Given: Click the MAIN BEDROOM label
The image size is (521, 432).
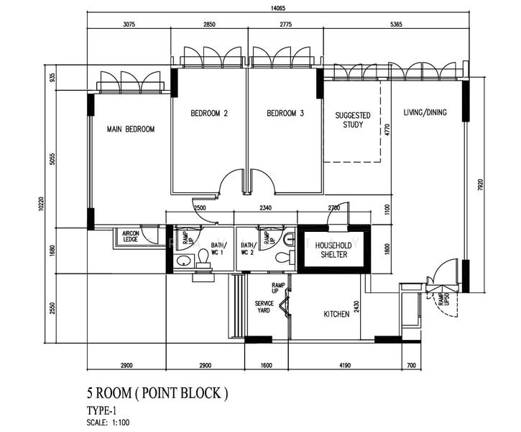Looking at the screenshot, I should pyautogui.click(x=131, y=130).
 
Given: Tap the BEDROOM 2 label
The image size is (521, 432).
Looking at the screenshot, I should pyautogui.click(x=209, y=114).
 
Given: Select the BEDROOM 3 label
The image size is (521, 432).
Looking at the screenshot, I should pyautogui.click(x=285, y=114).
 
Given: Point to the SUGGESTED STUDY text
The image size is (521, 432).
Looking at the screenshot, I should pyautogui.click(x=353, y=120).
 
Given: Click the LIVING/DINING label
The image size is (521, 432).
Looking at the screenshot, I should pyautogui.click(x=424, y=112).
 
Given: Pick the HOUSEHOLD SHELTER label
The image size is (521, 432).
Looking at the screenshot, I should pyautogui.click(x=332, y=250).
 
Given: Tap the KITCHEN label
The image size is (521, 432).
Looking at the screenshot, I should pyautogui.click(x=336, y=314).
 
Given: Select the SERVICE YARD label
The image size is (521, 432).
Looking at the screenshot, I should pyautogui.click(x=264, y=307).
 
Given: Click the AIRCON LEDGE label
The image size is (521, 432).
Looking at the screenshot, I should pyautogui.click(x=130, y=237).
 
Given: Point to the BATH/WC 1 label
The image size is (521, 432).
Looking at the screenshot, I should pyautogui.click(x=218, y=248).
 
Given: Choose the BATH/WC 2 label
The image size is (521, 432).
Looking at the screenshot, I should pyautogui.click(x=248, y=248).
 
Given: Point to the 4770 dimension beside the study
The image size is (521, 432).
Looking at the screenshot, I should pyautogui.click(x=386, y=130).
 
